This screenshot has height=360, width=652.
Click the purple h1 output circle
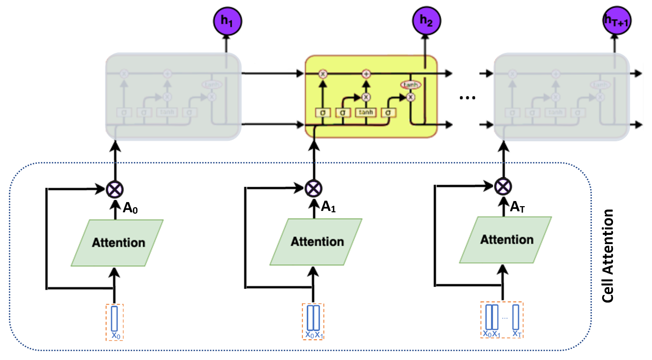point(227,21)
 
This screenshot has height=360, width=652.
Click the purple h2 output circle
point(426,21)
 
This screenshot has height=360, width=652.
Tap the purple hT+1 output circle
point(616,21)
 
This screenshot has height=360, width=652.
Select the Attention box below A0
point(117,243)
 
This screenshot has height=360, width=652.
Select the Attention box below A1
point(316,242)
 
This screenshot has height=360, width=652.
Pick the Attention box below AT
point(506,240)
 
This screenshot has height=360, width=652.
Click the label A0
point(130,208)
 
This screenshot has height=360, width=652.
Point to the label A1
point(328,206)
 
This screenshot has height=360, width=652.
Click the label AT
point(517,206)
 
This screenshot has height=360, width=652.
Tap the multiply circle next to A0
point(115,189)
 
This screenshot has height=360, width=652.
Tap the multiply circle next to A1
point(313,188)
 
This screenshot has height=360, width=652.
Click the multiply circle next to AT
point(503,187)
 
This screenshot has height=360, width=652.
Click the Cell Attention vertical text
point(608,256)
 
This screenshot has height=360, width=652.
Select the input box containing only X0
point(114,322)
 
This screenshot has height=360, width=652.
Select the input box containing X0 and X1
point(313,321)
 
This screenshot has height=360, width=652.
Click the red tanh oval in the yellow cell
point(410,84)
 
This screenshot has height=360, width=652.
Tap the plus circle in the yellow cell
point(366,74)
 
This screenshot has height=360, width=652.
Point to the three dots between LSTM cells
point(467,98)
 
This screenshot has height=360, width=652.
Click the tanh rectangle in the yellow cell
point(366,112)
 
